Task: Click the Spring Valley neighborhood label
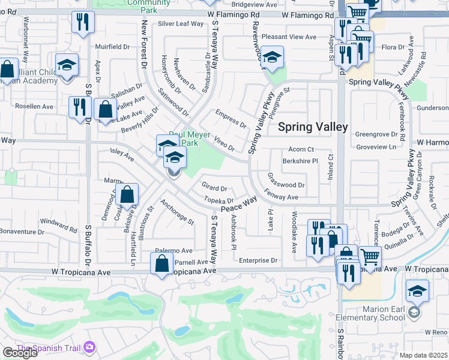(313, 127)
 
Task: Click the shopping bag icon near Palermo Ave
(162, 263)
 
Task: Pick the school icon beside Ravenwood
(273, 58)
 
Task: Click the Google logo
(20, 353)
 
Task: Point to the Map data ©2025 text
(423, 355)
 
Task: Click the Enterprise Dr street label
(258, 260)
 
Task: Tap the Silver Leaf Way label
(181, 24)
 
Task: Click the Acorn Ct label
(301, 149)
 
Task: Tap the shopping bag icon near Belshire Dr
(127, 194)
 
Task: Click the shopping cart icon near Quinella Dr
(370, 257)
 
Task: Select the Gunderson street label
(432, 107)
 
